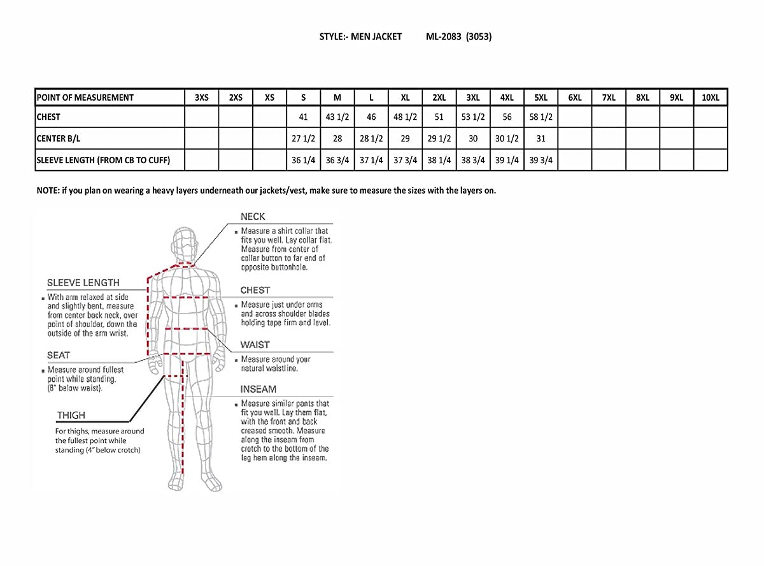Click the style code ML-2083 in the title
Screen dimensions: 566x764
[x=443, y=36]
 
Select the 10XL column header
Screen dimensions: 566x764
[x=710, y=98]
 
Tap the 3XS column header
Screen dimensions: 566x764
[x=201, y=98]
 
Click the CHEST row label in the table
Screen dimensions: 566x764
[x=48, y=117]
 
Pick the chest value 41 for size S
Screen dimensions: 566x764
[x=303, y=117]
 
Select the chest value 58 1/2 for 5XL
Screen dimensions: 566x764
[x=541, y=117]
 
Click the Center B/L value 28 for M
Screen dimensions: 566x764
[x=337, y=139]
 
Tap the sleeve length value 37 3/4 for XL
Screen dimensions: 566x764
[x=405, y=161]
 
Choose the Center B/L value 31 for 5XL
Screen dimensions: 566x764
[x=541, y=139]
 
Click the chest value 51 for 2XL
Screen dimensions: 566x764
[x=439, y=117]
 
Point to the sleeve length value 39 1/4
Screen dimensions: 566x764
[x=507, y=161]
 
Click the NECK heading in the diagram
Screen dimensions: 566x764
[x=253, y=217]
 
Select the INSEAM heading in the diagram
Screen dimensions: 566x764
[x=258, y=389]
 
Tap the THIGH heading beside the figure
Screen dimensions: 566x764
[x=71, y=415]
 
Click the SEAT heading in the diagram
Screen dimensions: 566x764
[x=59, y=355]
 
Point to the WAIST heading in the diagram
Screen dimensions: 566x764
[x=255, y=345]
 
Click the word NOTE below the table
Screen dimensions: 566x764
[x=47, y=191]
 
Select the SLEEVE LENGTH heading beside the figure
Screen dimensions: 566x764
[x=83, y=282]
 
